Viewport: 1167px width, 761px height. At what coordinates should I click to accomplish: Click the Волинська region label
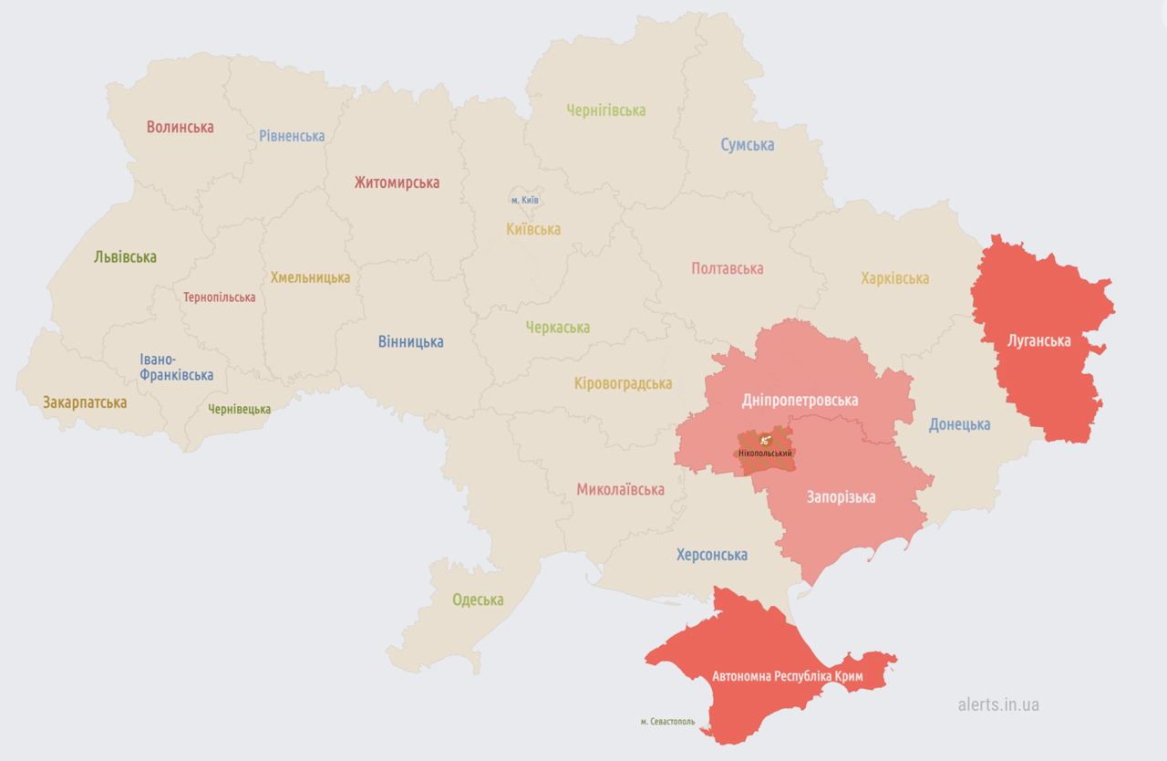pos(181,127)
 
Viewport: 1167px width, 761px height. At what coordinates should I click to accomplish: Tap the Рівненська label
pos(292,136)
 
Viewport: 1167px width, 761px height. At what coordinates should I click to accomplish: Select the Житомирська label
pos(397,182)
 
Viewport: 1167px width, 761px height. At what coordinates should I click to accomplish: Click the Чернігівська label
pos(605,110)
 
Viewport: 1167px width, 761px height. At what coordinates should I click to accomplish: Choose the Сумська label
pos(747,145)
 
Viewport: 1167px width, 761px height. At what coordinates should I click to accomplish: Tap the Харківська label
pos(894,278)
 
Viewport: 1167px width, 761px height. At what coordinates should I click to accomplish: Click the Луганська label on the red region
pos(1038,340)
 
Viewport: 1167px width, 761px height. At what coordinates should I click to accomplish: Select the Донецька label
pos(959,424)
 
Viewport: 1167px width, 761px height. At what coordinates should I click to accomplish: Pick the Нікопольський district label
pos(766,453)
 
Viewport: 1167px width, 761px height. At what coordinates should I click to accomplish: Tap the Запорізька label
pos(841,497)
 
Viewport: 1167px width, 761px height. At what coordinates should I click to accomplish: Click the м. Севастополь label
pos(667,722)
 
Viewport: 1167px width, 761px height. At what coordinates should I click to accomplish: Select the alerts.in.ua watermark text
pos(998,704)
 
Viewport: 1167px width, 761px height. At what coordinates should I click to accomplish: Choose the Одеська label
pos(478,599)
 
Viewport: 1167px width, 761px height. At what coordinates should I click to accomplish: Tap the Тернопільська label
pos(219,297)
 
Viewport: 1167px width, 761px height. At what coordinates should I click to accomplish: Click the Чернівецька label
pos(239,409)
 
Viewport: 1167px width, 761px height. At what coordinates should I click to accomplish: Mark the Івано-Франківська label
pos(177,367)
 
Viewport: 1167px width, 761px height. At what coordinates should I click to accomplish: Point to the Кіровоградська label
pos(623,384)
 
